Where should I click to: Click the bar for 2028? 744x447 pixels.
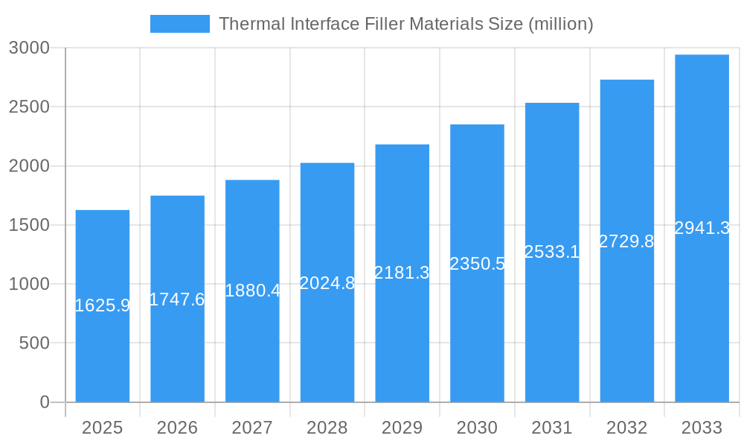327,343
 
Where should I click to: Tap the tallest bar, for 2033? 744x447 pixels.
702,313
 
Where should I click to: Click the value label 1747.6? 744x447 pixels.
177,299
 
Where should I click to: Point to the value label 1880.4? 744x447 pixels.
252,291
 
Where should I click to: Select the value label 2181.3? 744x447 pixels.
402,273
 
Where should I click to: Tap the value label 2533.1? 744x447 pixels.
552,252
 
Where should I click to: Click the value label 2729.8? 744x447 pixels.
626,241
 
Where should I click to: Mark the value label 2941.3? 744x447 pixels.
702,229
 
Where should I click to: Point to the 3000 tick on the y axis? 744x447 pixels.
29,48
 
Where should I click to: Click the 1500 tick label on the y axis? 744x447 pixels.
29,225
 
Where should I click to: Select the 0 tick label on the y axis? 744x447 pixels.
44,402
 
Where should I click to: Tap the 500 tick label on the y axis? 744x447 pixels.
33,343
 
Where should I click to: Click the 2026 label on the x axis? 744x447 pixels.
177,428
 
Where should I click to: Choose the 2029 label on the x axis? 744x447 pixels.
402,428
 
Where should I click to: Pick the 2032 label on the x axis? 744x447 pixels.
626,428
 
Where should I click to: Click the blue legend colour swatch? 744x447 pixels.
180,24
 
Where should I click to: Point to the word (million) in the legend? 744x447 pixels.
560,24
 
